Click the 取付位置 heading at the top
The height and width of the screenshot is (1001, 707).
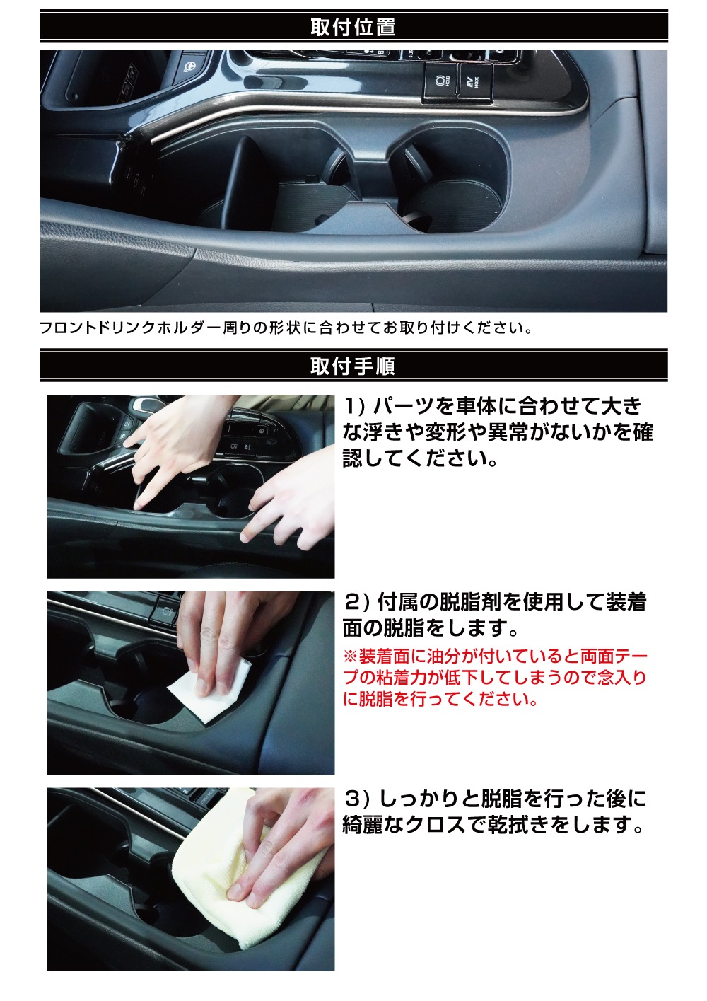[x=353, y=28]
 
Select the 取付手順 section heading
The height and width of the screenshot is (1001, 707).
[x=353, y=366]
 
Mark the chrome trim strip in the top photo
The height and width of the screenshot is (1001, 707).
[x=283, y=113]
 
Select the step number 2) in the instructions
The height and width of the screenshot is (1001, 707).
[x=356, y=603]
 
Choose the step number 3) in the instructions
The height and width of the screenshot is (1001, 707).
[x=356, y=799]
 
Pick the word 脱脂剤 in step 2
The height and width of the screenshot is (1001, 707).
[x=450, y=603]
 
